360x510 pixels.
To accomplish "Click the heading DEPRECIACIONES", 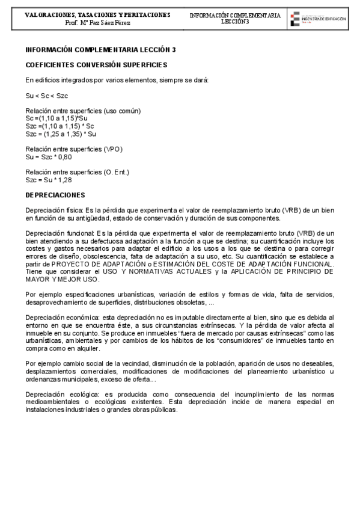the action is pyautogui.click(x=55, y=195).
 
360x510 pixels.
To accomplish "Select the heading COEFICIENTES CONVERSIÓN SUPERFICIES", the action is pyautogui.click(x=96, y=64).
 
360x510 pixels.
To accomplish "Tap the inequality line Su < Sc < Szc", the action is pyautogui.click(x=47, y=96).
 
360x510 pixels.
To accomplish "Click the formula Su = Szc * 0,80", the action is pyautogui.click(x=49, y=156).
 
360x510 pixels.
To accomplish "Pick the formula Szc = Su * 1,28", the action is pyautogui.click(x=49, y=179).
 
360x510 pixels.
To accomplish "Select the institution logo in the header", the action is pyautogui.click(x=317, y=19).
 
